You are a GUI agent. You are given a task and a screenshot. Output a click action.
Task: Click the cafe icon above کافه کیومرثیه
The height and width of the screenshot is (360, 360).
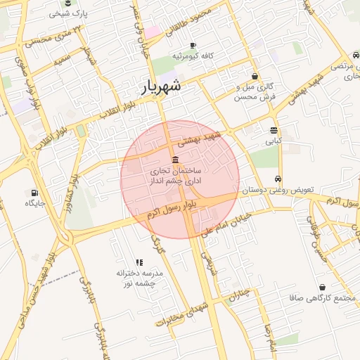tap(184, 41)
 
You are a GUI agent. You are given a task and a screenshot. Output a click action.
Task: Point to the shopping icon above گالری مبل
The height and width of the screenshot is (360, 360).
tap(255, 76)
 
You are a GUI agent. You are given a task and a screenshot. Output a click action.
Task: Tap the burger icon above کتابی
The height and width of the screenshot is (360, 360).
tap(274, 130)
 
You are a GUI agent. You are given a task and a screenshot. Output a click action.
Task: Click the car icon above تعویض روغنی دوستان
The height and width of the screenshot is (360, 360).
tap(279, 179)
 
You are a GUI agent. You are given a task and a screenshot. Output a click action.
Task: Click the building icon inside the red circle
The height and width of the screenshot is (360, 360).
tap(175, 159)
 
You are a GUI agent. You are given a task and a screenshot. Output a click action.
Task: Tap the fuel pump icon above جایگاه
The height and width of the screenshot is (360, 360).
tap(34, 192)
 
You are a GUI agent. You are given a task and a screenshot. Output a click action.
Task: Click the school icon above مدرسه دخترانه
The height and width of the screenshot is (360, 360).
tap(138, 261)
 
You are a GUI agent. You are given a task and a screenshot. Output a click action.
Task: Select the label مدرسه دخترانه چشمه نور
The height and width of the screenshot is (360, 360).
tap(139, 277)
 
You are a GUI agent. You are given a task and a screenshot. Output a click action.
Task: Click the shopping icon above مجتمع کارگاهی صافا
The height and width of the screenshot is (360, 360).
tap(322, 287)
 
